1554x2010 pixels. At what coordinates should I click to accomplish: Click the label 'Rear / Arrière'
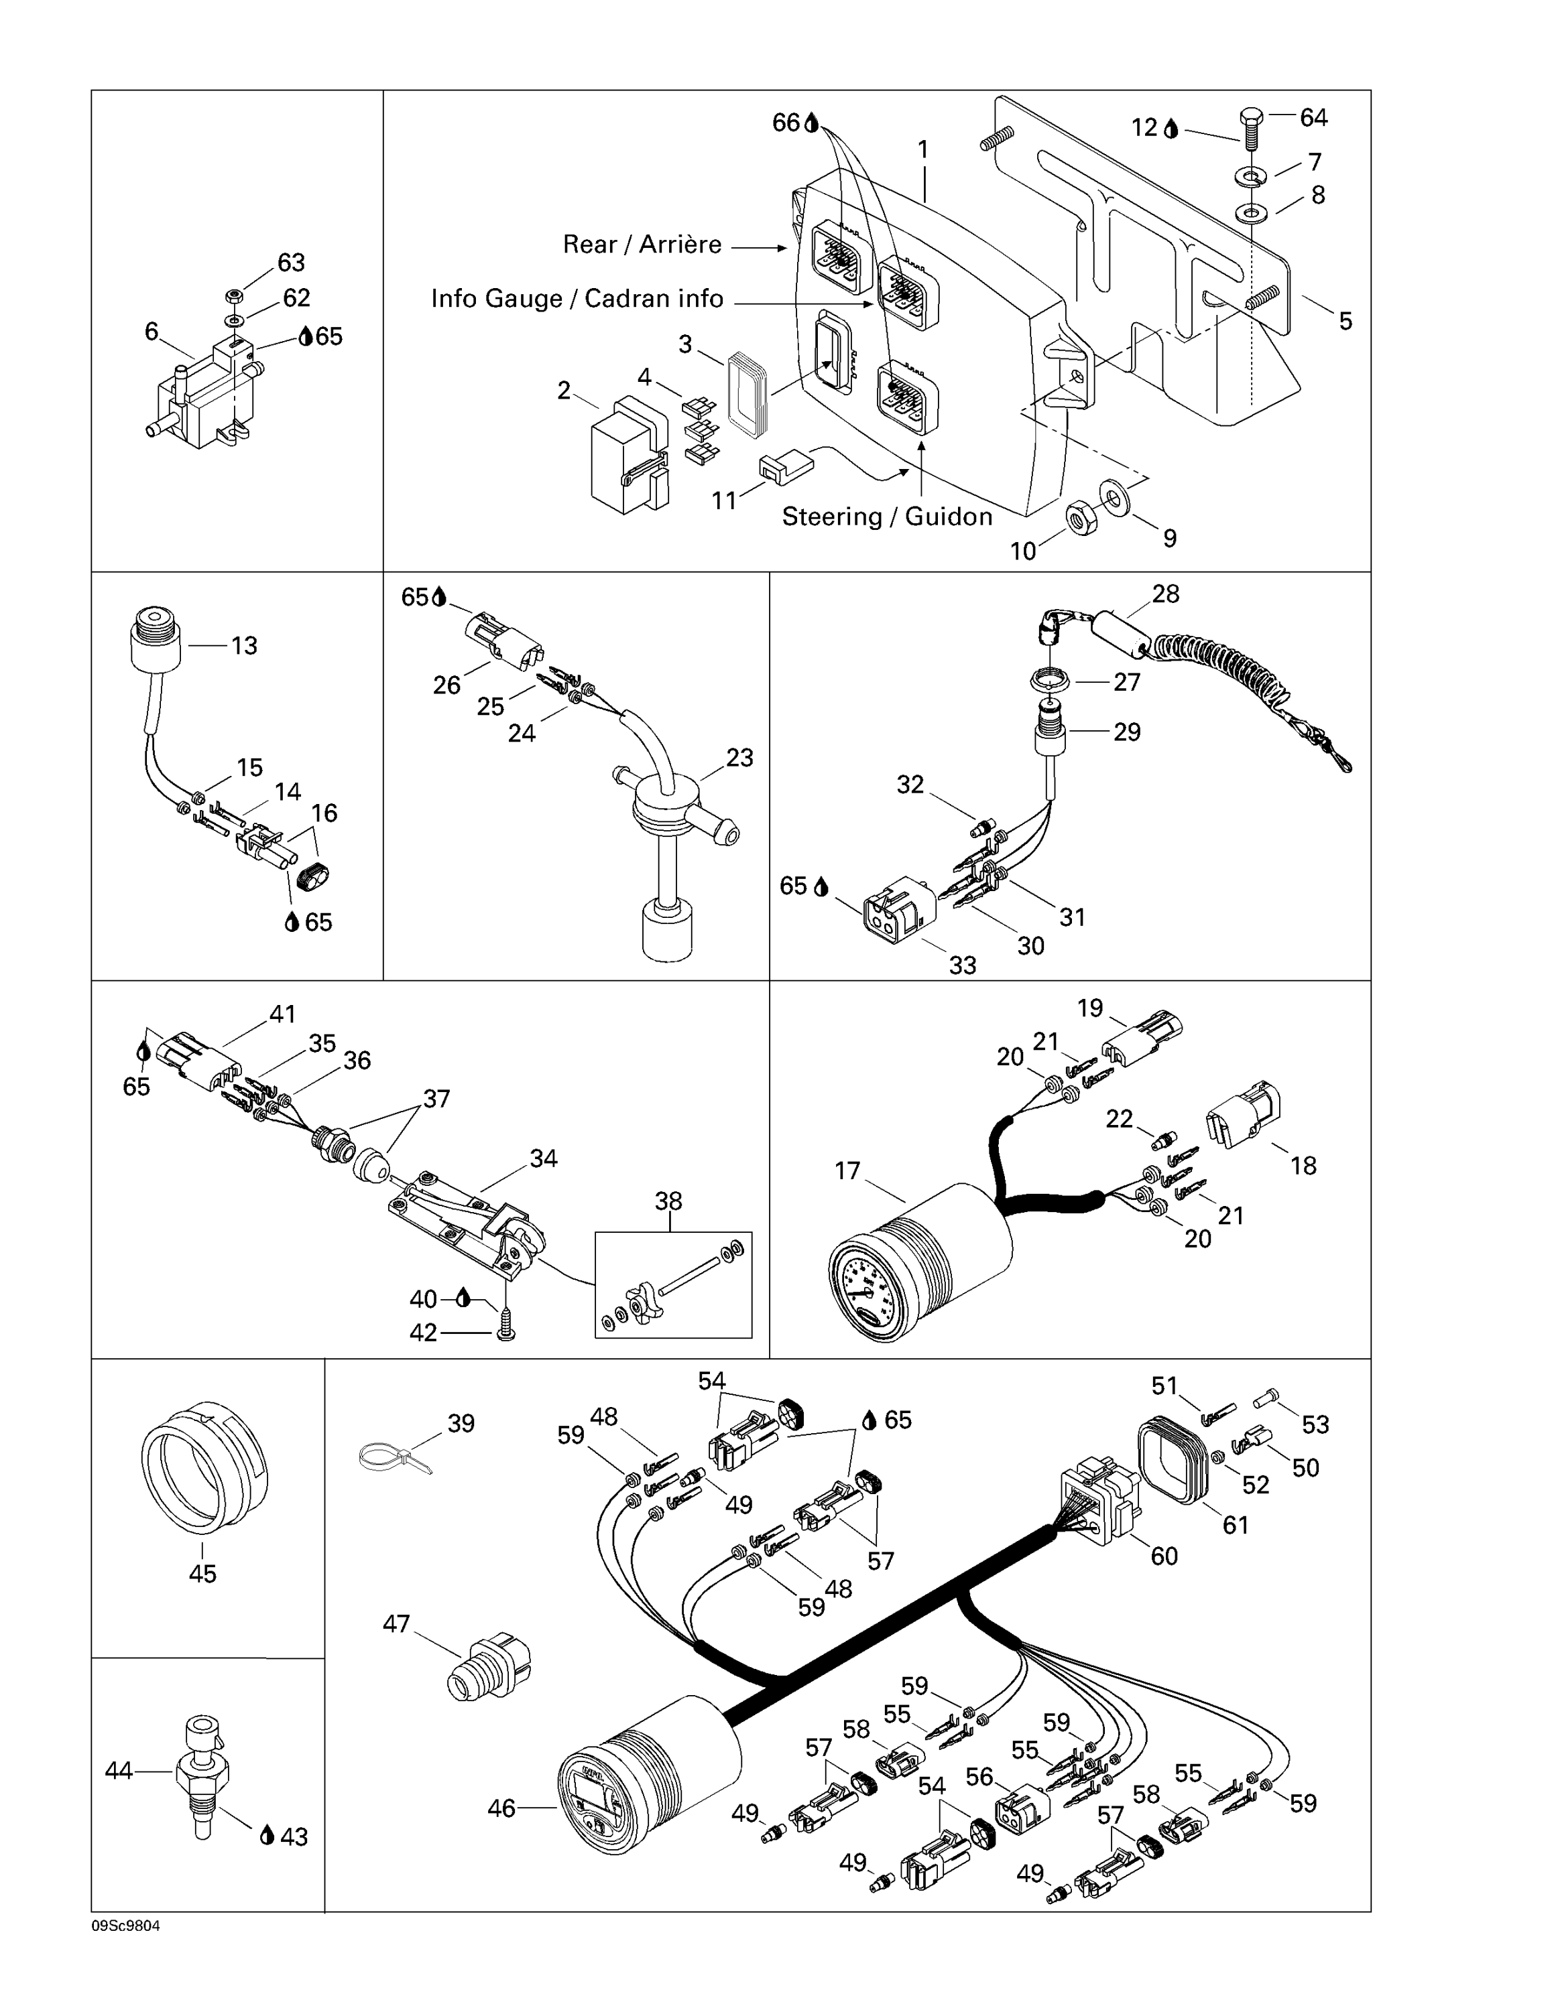coord(642,245)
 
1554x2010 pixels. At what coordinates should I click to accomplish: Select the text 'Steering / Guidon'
coord(886,517)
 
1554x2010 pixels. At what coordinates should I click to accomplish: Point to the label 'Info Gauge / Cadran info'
coord(577,299)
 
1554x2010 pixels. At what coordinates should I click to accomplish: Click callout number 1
coord(923,149)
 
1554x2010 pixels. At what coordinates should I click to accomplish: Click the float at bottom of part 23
coord(664,931)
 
